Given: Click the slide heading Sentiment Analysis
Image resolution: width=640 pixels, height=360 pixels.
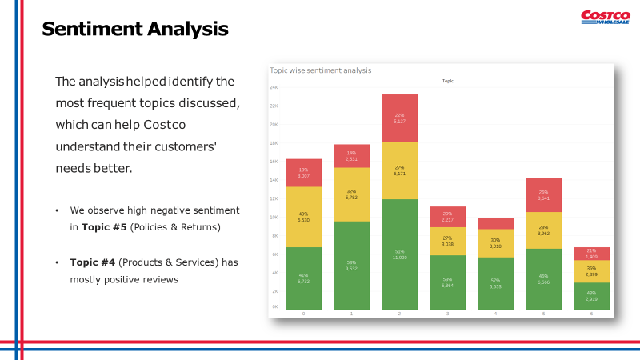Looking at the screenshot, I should click(134, 30).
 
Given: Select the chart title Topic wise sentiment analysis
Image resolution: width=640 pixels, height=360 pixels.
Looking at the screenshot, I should click(320, 70).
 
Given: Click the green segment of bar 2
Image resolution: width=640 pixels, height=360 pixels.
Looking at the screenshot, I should click(399, 254).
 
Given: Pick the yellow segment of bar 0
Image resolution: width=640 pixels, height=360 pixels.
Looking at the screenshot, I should click(303, 217).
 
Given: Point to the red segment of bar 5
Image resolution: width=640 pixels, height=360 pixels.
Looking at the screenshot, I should click(543, 195).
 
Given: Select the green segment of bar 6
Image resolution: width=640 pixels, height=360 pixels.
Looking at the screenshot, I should click(591, 296).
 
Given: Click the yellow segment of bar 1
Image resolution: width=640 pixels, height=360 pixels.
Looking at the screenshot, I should click(351, 194).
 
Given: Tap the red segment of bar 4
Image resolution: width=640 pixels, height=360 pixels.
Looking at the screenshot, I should click(495, 223).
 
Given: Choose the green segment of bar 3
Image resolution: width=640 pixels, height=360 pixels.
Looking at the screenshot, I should click(447, 282).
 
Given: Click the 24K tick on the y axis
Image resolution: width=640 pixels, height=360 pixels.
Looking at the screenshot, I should click(274, 87).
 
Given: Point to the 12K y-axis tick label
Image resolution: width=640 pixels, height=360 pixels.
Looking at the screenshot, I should click(274, 198).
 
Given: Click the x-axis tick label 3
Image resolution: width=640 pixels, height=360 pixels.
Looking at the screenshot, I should click(447, 314).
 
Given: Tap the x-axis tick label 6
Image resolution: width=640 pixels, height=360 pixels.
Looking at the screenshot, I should click(591, 314).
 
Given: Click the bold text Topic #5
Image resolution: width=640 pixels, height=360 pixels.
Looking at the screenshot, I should click(102, 227).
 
